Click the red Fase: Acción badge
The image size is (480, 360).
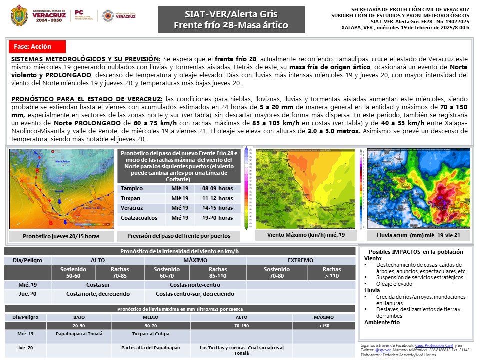click(x=37, y=46)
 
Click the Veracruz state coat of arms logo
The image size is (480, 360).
click(x=19, y=15)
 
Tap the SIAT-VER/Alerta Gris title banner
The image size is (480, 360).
click(x=231, y=19)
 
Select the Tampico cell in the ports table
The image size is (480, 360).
click(x=132, y=188)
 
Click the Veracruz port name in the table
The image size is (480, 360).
click(x=133, y=208)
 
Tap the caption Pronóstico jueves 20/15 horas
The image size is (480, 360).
click(x=61, y=236)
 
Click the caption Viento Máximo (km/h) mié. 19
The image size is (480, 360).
click(x=306, y=234)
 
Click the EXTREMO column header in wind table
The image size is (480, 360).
click(x=300, y=260)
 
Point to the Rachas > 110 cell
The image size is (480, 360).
click(x=332, y=272)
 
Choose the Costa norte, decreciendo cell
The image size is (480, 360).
click(x=98, y=294)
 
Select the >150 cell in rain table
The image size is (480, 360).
click(x=323, y=325)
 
